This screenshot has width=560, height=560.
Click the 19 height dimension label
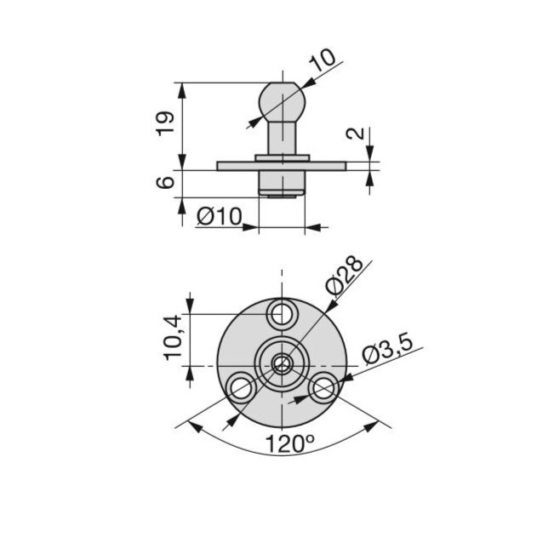click(165, 123)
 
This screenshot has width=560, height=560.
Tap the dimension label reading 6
click(165, 182)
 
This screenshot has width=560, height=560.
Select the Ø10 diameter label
click(220, 215)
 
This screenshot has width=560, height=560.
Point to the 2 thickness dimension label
click(356, 134)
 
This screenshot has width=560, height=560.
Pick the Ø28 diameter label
click(344, 276)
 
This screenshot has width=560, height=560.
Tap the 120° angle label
click(289, 443)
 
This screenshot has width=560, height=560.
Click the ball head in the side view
click(283, 102)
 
